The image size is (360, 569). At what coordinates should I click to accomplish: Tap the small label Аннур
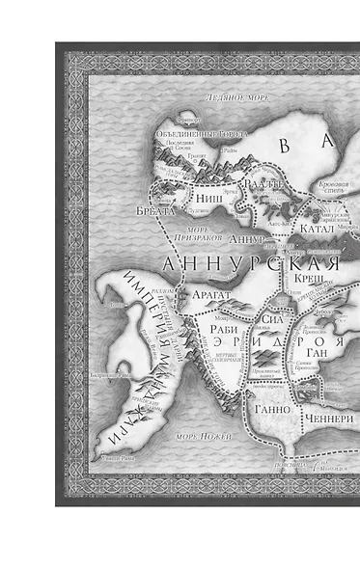click(248, 237)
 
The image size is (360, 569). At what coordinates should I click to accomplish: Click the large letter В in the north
click(286, 146)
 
